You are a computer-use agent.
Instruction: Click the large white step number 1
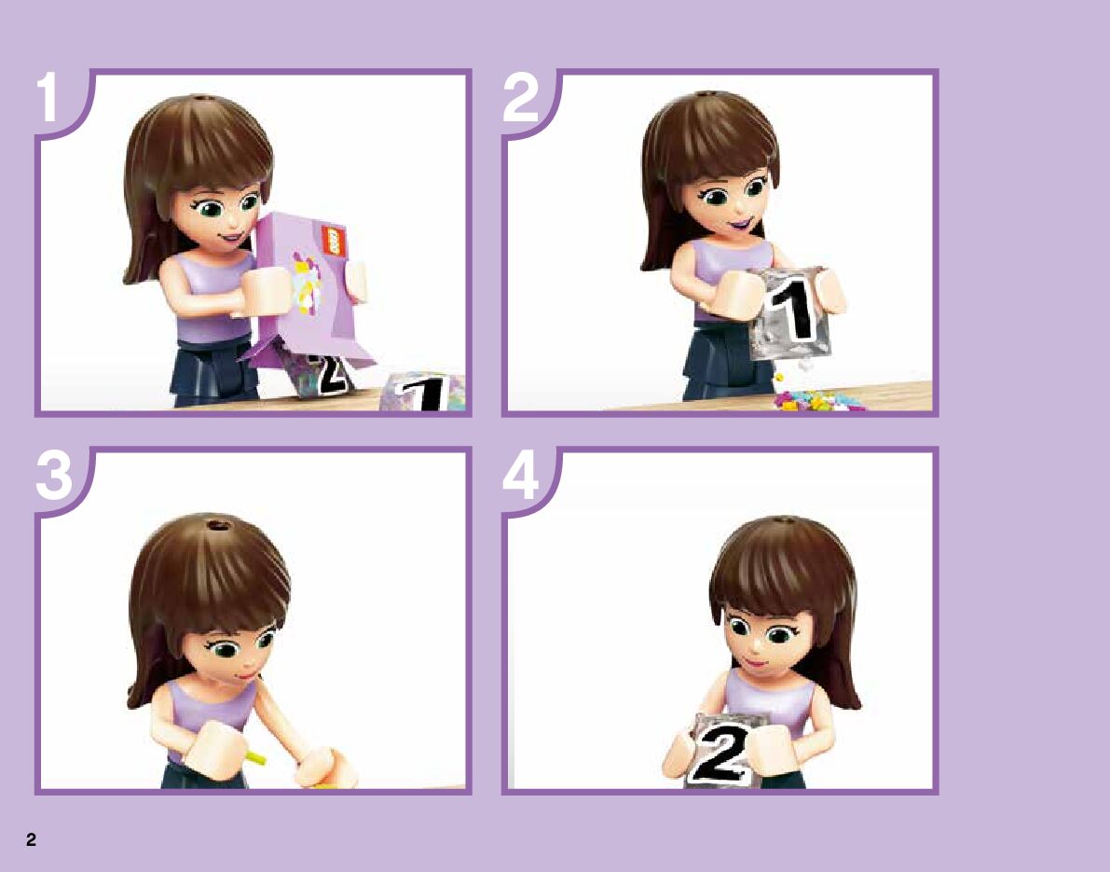point(48,97)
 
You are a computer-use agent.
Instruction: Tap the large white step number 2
point(520,97)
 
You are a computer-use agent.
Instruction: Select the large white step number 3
point(54,476)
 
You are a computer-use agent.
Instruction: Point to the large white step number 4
point(520,476)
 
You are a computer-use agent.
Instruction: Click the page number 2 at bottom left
point(31,839)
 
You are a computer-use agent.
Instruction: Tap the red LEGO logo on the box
point(331,241)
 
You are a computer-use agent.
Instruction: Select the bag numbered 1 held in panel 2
point(789,311)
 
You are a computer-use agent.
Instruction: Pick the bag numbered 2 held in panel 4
point(723,751)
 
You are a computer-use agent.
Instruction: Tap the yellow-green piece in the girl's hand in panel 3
point(255,758)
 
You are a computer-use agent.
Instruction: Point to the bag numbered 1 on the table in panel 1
point(423,392)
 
